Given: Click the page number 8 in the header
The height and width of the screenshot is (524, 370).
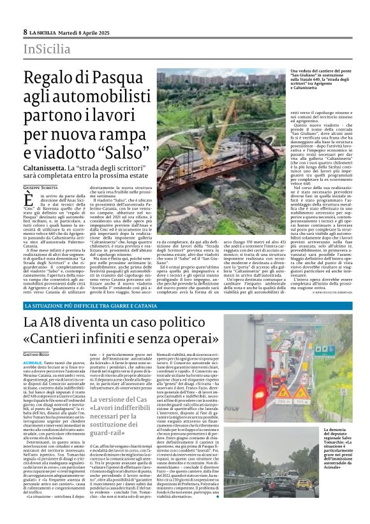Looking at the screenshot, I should [25, 32].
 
